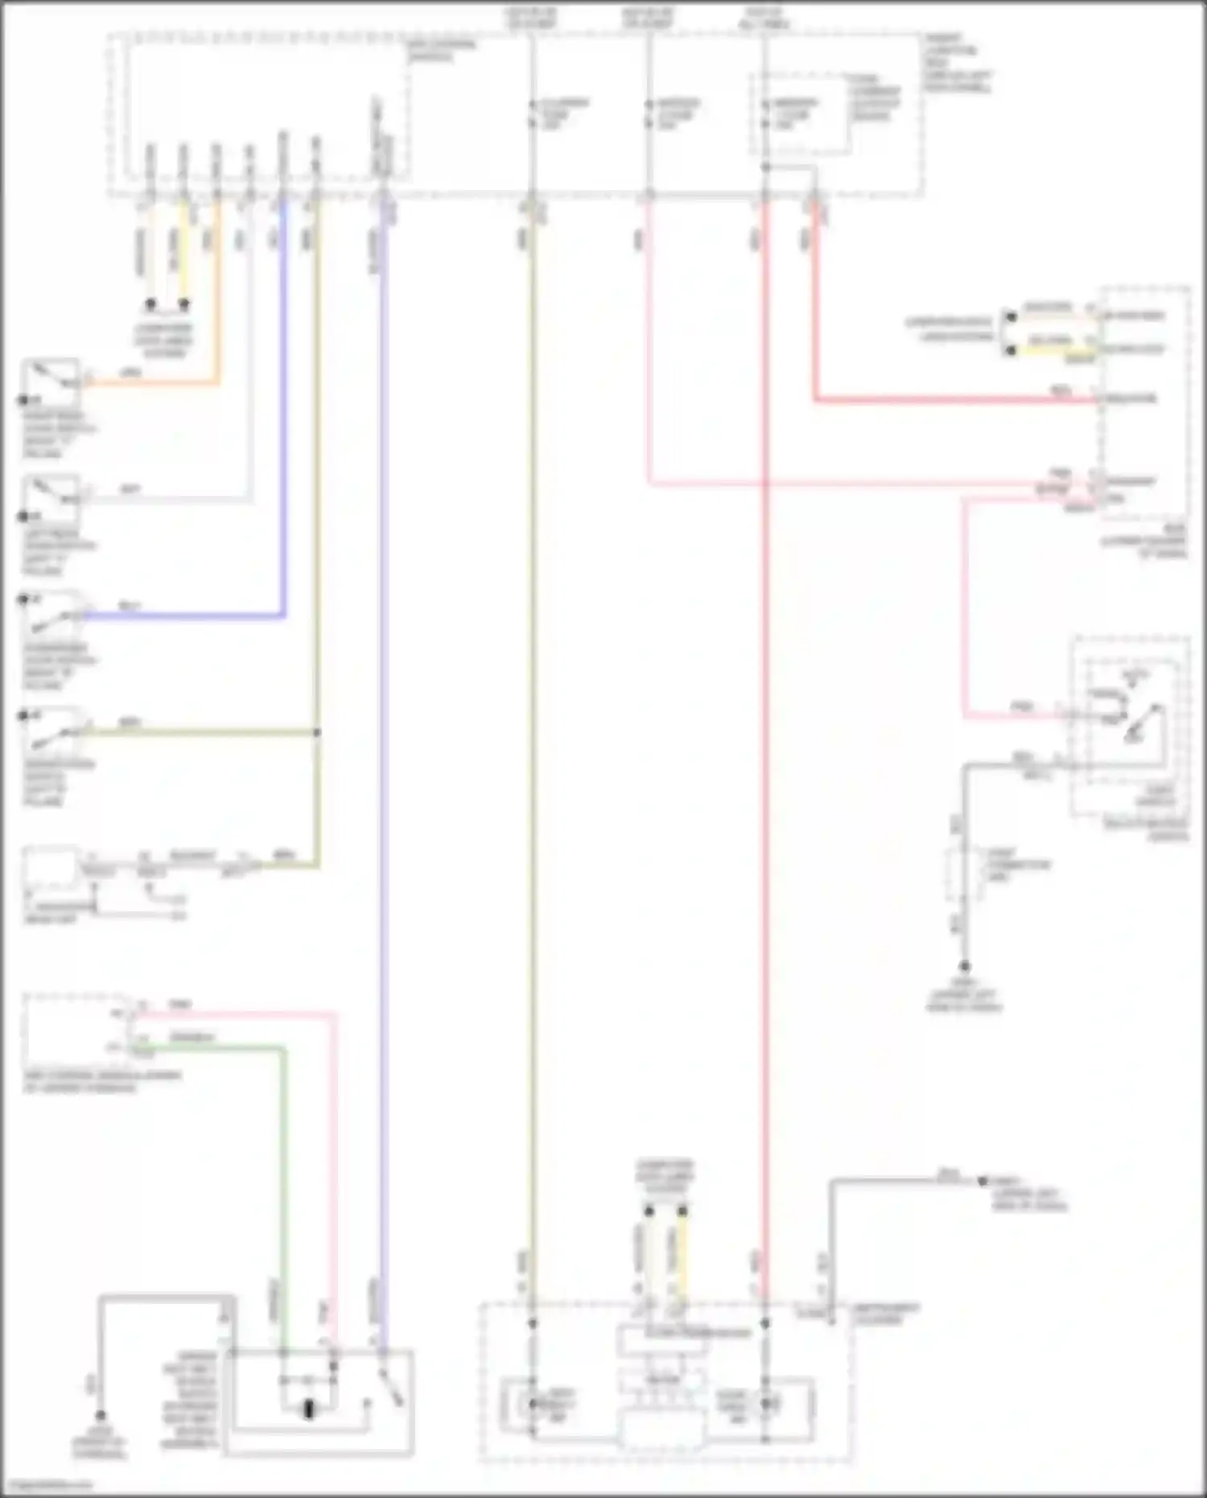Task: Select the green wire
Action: tap(283, 1167)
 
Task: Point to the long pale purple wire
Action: tap(383, 724)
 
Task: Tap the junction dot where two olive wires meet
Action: tap(317, 732)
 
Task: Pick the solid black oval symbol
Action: tap(309, 1410)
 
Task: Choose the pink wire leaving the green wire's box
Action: tap(334, 1167)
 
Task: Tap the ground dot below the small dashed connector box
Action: tap(964, 967)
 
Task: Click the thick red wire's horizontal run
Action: tap(958, 399)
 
